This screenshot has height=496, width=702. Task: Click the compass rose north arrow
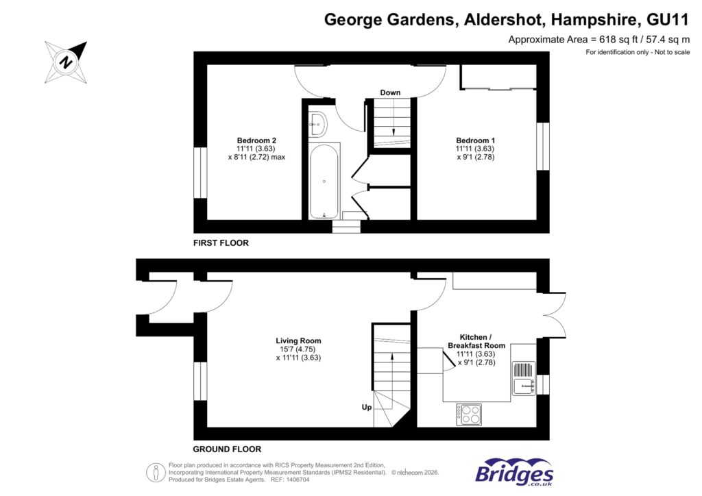[66, 61]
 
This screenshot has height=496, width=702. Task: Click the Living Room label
[298, 340]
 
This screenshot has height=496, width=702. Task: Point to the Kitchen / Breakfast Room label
[476, 341]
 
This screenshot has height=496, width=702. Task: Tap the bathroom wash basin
[319, 123]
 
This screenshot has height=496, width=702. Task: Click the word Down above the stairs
[391, 92]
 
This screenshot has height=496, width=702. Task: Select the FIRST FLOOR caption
[221, 243]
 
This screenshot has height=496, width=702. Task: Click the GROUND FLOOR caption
[227, 449]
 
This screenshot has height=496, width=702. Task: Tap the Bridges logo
[514, 472]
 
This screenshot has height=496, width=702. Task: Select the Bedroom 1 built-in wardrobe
[498, 77]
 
